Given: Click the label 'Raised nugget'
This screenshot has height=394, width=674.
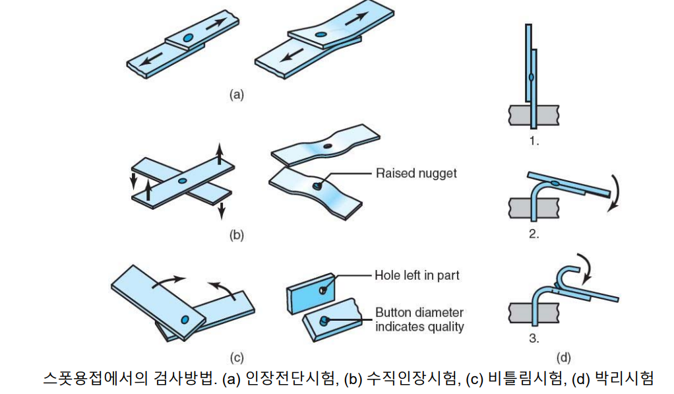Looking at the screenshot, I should (x=415, y=174).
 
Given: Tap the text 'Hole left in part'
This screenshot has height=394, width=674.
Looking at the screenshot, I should (x=417, y=275).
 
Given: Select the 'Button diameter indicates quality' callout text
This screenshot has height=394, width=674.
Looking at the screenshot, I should (x=419, y=319).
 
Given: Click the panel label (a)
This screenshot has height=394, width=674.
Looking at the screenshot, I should (x=236, y=94).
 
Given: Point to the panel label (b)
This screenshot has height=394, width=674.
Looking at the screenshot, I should (x=236, y=234).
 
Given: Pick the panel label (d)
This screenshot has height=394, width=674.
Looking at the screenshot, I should (x=563, y=358).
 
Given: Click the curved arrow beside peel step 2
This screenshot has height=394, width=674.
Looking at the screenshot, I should (x=615, y=192).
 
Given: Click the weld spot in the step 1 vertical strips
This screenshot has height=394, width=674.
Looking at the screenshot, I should (x=531, y=78).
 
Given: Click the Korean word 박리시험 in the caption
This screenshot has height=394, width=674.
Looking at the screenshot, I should (x=623, y=379).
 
